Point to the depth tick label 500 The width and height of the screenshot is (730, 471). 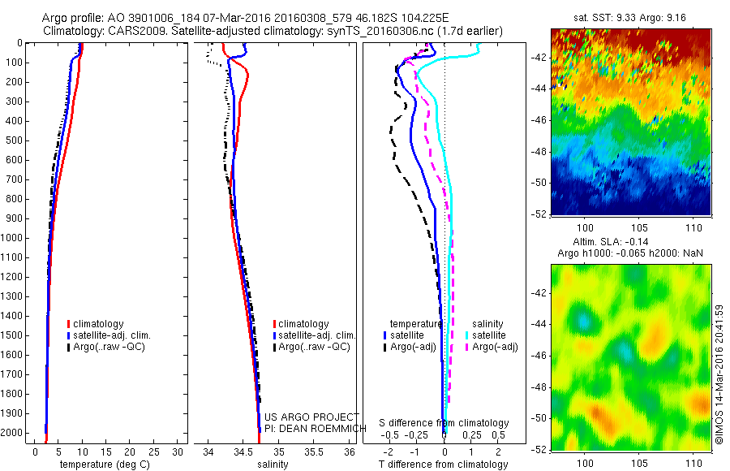tap(15, 140)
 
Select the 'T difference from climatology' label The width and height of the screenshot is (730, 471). tap(443, 465)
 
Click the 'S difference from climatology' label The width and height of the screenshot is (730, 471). tap(444, 423)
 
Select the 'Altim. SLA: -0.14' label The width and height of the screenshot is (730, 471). tap(630, 244)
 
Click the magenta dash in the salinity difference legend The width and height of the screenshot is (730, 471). tap(466, 348)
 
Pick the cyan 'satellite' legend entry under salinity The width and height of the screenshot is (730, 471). tap(488, 335)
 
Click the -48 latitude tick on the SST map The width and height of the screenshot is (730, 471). tap(540, 152)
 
